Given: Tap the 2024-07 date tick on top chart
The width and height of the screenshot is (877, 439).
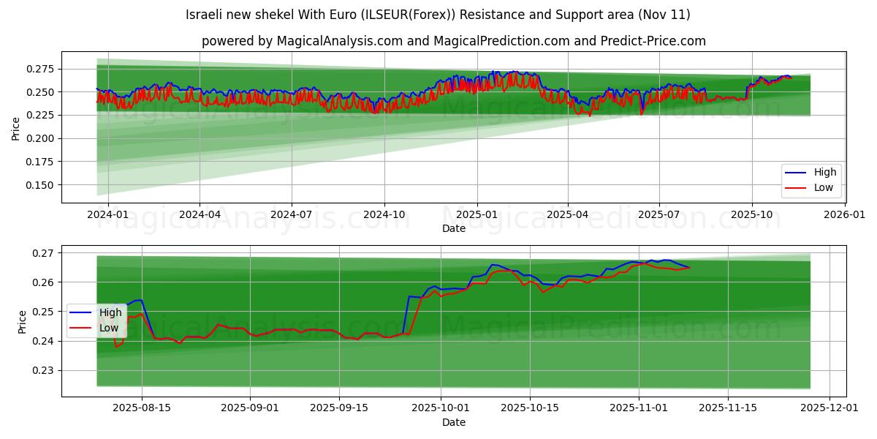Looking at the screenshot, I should coord(292,214).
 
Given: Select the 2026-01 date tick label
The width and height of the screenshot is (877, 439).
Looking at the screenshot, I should coord(845,214).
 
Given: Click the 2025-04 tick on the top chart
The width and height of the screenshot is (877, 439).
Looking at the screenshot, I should coord(568,214).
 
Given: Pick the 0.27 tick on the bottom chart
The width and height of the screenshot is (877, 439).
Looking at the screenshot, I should coord(45,253).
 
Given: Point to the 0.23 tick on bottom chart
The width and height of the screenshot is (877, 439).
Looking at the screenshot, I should coord(45,370).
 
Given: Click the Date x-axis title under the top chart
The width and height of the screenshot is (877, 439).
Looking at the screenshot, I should coord(454,228).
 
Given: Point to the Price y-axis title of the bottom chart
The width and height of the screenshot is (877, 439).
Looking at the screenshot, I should coord(23,321).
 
